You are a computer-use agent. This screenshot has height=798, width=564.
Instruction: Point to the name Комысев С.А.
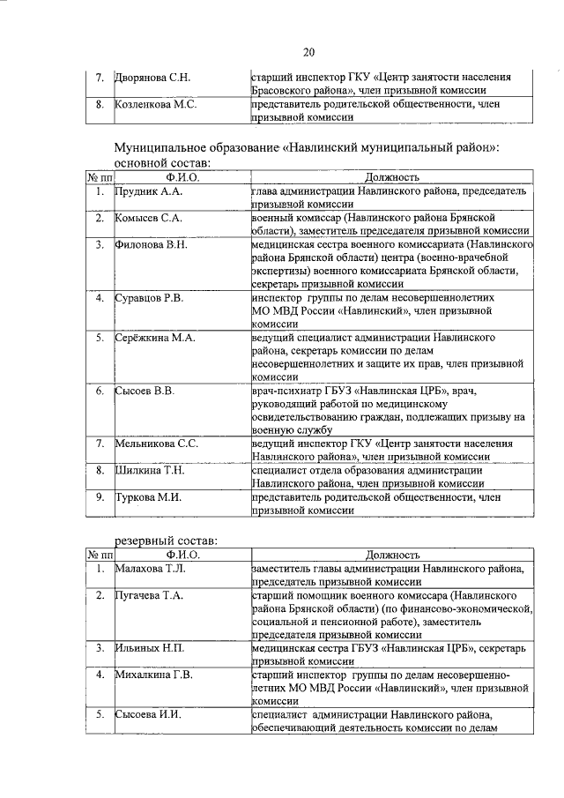pos(149,218)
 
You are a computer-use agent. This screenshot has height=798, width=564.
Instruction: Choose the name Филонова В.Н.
pos(152,244)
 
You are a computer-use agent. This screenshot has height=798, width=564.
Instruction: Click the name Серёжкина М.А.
pos(155,338)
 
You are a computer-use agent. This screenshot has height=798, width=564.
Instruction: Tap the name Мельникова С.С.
pos(157,444)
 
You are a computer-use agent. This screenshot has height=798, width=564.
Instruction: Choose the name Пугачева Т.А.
pos(150,597)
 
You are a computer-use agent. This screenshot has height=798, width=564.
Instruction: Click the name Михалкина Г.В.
pos(154,675)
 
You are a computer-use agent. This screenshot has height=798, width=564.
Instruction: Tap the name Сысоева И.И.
pos(148,714)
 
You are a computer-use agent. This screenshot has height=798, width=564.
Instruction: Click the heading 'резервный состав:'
pos(167,540)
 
